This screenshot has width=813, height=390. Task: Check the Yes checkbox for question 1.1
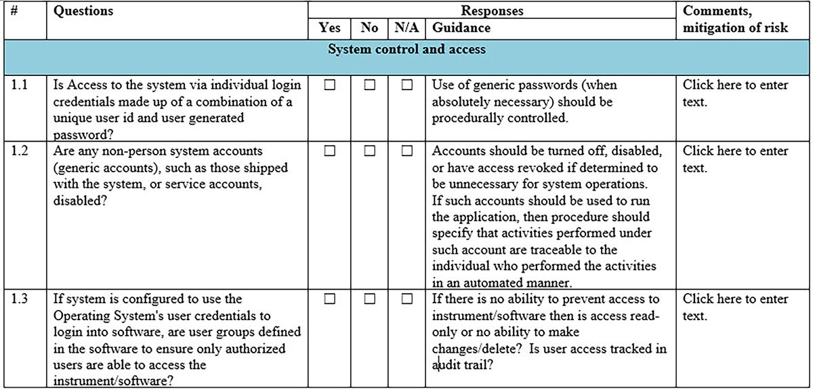330,85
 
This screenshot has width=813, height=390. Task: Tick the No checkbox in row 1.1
369,85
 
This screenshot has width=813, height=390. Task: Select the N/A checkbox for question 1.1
406,85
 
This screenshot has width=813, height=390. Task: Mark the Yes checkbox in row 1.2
330,151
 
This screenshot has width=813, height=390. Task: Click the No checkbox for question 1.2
369,151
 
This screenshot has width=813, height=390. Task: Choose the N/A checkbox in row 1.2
406,151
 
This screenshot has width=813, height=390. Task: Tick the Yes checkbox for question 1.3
330,298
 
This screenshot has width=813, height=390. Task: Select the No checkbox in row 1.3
369,298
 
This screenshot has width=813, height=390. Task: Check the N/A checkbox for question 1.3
406,298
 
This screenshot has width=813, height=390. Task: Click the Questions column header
83,11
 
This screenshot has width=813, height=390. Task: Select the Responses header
492,11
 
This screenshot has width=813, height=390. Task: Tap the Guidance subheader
461,28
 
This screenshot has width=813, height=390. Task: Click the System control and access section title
406,50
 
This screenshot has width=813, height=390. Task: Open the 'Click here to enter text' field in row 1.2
735,158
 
